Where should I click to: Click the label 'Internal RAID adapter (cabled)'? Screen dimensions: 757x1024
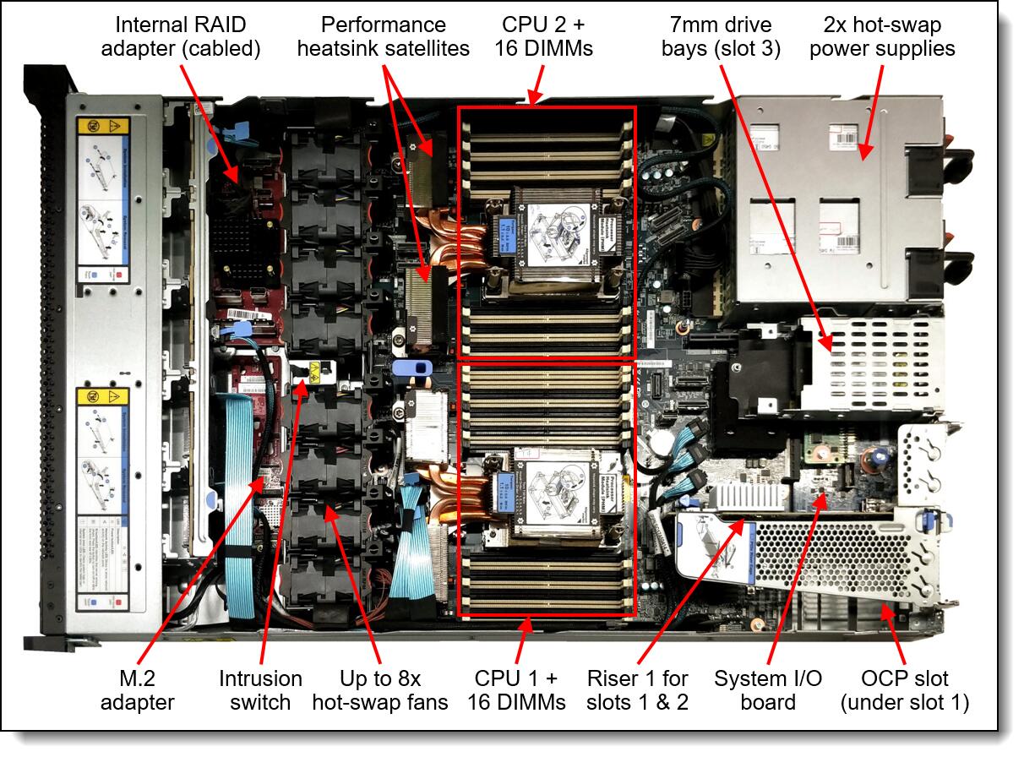point(180,35)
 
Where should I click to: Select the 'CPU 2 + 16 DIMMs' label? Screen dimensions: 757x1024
point(544,35)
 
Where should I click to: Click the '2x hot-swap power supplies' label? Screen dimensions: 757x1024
point(882,35)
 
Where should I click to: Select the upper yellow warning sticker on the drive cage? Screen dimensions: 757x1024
point(102,129)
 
